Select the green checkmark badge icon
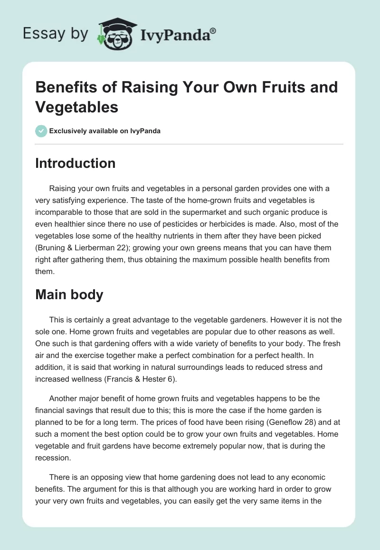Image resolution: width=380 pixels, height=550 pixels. tap(41, 131)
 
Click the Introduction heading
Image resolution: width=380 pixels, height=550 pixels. tap(76, 163)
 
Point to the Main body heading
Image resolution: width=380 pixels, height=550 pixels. tap(69, 294)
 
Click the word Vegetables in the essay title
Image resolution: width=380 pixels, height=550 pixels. tap(77, 107)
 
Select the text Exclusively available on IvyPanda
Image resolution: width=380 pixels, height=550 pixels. tap(105, 131)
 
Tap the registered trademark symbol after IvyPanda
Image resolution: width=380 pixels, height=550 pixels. tap(213, 30)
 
